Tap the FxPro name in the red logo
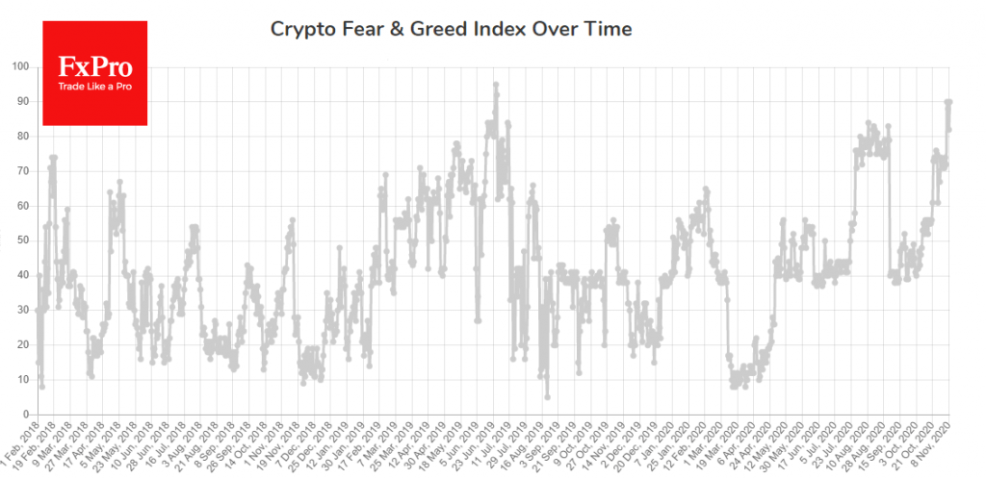(94, 67)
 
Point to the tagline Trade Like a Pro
(94, 88)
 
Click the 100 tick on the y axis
(20, 66)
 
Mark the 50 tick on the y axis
(23, 240)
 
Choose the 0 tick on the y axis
(26, 415)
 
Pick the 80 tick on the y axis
(23, 136)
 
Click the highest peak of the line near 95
(496, 85)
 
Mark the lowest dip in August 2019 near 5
(547, 396)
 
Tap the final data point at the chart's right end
(949, 102)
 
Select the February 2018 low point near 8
(42, 386)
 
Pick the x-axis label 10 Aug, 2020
(852, 445)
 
